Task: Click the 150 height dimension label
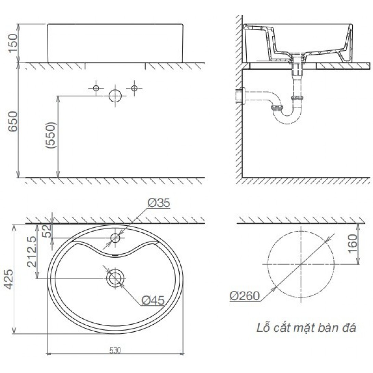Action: click(x=13, y=43)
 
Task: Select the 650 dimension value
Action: click(x=13, y=121)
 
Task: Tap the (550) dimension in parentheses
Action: click(x=51, y=136)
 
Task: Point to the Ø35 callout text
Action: click(x=159, y=203)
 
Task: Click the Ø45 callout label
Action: click(x=153, y=300)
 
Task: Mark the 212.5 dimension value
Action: click(x=31, y=252)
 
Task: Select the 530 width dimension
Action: click(x=115, y=350)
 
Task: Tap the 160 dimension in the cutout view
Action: click(x=352, y=244)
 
